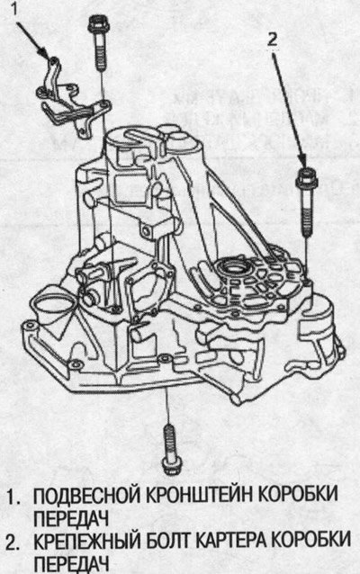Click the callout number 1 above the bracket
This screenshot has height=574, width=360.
13,8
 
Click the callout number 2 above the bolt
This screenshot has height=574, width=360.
272,40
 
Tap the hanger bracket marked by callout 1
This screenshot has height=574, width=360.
72,100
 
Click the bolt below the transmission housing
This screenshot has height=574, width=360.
170,450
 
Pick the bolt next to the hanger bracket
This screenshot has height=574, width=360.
98,42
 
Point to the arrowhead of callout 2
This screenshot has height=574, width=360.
303,160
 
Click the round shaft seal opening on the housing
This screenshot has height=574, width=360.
234,266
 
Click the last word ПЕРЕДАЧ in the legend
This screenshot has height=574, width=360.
72,563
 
